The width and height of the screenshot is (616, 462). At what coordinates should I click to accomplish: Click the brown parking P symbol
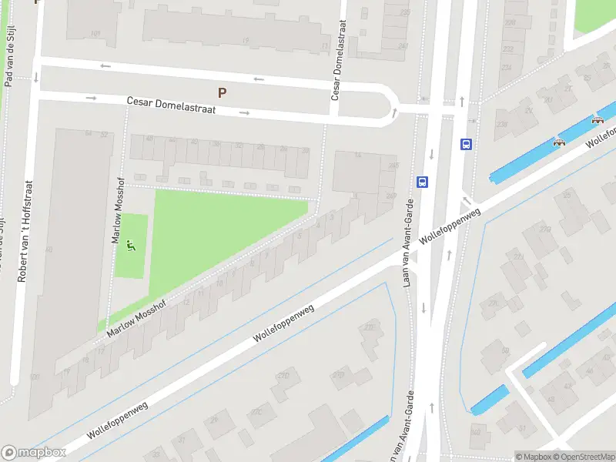pyautogui.click(x=222, y=92)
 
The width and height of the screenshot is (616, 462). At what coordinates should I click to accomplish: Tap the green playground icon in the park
pyautogui.click(x=131, y=246)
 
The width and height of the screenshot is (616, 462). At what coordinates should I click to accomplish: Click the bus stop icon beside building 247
pyautogui.click(x=423, y=182)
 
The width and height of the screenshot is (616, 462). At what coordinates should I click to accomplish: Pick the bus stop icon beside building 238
pyautogui.click(x=466, y=144)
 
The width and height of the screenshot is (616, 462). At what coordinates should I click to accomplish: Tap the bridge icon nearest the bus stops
pyautogui.click(x=560, y=141)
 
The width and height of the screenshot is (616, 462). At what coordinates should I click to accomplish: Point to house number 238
pyautogui.click(x=503, y=124)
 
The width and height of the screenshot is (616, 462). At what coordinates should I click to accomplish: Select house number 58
pyautogui.click(x=89, y=134)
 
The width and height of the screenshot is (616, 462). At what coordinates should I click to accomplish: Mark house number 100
pyautogui.click(x=34, y=377)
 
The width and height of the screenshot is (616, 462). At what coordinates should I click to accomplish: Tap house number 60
pyautogui.click(x=49, y=249)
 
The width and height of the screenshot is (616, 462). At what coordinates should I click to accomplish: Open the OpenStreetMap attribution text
pyautogui.click(x=582, y=457)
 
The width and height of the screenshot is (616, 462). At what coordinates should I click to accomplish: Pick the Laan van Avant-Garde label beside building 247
pyautogui.click(x=408, y=243)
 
